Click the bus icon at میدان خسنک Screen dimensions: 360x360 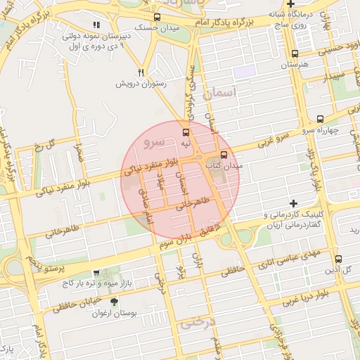pos(157,17)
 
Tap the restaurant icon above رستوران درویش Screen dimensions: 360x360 pos(141,72)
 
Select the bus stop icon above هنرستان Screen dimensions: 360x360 pos(294,53)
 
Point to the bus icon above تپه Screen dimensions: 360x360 pos(186,131)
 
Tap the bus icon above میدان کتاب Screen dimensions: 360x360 pos(224,155)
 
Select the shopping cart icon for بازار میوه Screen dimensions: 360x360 pos(96,273)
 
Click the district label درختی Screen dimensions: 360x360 pos(195,324)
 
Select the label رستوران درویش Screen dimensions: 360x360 pos(142,84)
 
